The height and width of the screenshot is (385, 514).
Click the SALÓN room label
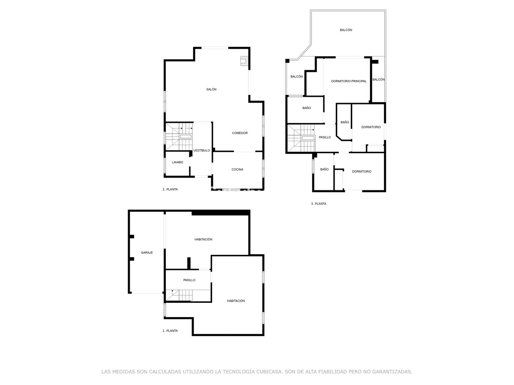pyautogui.click(x=211, y=89)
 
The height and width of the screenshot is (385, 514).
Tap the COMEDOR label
pyautogui.click(x=240, y=133)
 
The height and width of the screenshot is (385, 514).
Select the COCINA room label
pyautogui.click(x=237, y=169)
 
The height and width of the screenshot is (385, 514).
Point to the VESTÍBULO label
pyautogui.click(x=201, y=151)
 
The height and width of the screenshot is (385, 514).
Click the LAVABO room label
pyautogui.click(x=177, y=162)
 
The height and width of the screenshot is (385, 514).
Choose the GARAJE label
pyautogui.click(x=147, y=252)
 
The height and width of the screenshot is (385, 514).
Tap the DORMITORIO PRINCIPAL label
pyautogui.click(x=349, y=81)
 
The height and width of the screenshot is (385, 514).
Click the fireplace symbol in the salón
pyautogui.click(x=244, y=62)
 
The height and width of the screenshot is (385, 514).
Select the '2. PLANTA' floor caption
pyautogui.click(x=170, y=189)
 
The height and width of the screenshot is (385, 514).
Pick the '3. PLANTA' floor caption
pyautogui.click(x=319, y=204)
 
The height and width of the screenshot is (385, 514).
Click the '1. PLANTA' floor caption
pyautogui.click(x=170, y=331)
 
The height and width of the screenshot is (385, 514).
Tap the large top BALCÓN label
pyautogui.click(x=346, y=30)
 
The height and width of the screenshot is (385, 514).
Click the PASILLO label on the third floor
pyautogui.click(x=325, y=137)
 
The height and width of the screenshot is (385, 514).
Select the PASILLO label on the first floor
pyautogui.click(x=189, y=280)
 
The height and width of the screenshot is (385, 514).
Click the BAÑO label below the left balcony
pyautogui.click(x=307, y=108)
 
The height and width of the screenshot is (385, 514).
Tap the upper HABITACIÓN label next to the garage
pyautogui.click(x=203, y=240)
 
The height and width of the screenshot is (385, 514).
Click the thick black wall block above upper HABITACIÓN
pyautogui.click(x=221, y=213)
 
